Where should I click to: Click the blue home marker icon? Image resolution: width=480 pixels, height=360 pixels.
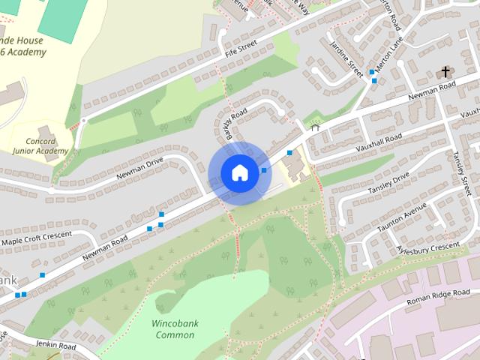coord(239,172)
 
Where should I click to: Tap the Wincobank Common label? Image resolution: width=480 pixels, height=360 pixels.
coord(173,328)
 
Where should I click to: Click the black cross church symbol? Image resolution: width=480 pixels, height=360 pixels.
coord(445,73)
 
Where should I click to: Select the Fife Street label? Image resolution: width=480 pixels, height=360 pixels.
coord(241,52)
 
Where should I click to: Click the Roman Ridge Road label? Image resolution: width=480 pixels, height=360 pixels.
coord(437,296)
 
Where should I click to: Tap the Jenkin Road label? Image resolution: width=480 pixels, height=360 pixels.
coord(55,345)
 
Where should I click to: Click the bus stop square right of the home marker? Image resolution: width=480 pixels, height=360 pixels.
coord(265,171)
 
